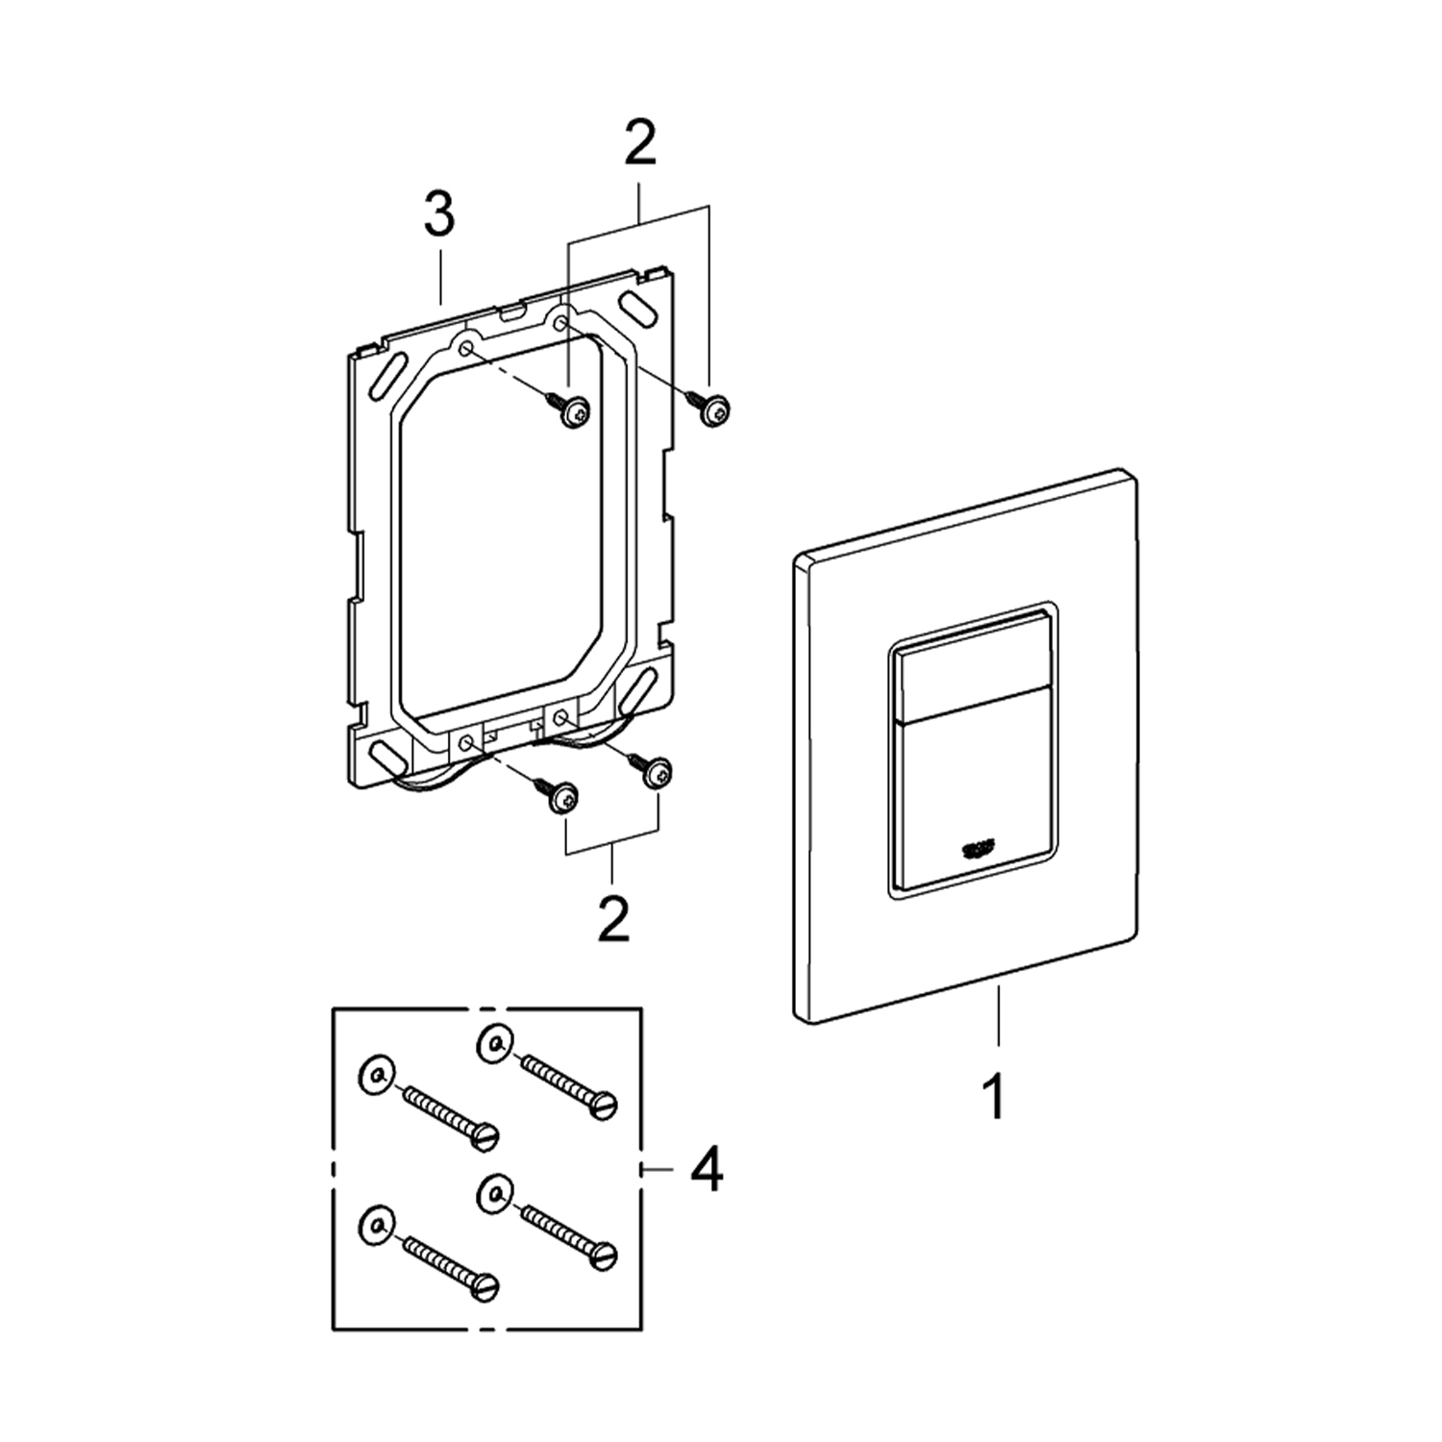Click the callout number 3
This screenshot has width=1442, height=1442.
click(439, 215)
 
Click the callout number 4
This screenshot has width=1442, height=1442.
click(708, 1170)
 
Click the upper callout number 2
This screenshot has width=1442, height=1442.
click(639, 144)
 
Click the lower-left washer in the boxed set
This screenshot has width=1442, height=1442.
click(376, 1224)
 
